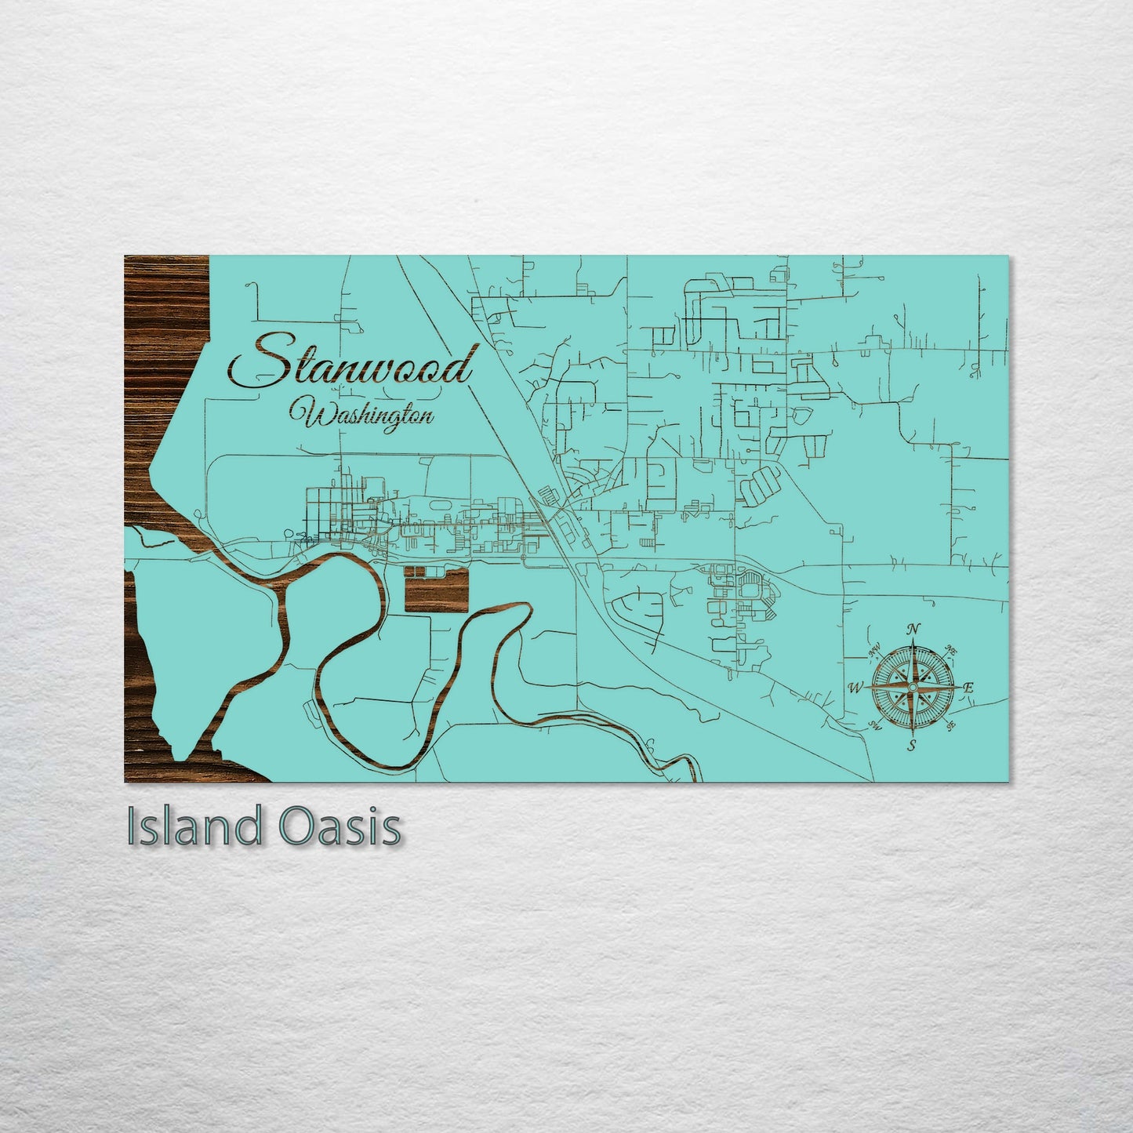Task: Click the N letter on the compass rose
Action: (913, 629)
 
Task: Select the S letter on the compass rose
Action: (911, 745)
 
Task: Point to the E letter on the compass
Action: (968, 688)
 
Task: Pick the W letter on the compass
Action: (855, 688)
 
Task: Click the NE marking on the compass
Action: (950, 650)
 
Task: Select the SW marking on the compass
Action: (875, 726)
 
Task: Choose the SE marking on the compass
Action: (950, 726)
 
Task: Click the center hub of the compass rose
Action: (912, 687)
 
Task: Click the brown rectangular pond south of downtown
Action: (436, 590)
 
